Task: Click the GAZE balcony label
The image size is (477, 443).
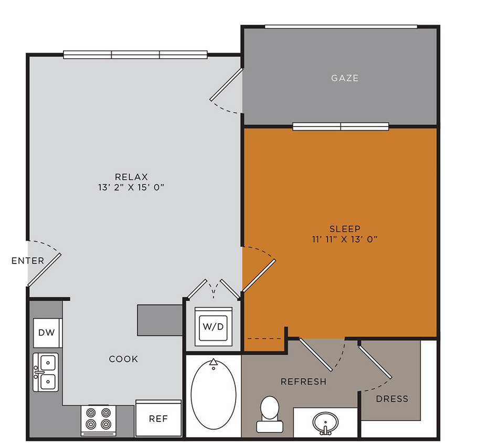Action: click(x=345, y=78)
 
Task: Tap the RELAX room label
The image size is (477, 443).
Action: click(x=131, y=177)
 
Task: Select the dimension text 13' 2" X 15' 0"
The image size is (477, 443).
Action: click(x=131, y=187)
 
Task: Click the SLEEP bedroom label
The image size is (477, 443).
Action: click(x=345, y=228)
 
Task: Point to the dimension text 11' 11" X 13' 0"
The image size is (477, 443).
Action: click(x=345, y=239)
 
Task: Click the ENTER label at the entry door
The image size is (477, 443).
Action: click(x=28, y=261)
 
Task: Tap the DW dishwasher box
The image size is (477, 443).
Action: click(x=48, y=332)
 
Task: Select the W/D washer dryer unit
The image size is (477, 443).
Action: click(x=213, y=326)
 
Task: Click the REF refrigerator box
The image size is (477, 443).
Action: click(x=158, y=418)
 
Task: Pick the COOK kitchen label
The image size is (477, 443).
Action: click(x=123, y=359)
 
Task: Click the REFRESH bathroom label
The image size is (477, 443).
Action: click(x=303, y=382)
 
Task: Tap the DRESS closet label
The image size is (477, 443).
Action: click(x=392, y=399)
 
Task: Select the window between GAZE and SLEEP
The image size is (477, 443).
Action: click(x=341, y=126)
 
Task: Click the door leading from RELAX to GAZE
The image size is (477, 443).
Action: click(x=226, y=85)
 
